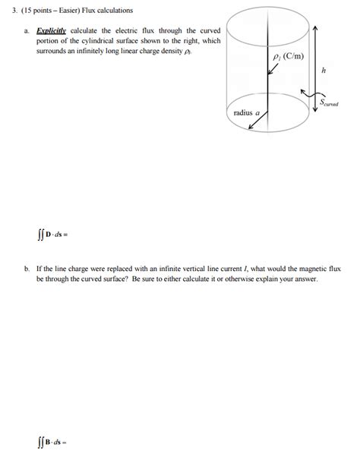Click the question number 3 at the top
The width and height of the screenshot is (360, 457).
tap(13, 11)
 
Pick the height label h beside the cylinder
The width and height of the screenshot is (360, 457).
tap(324, 70)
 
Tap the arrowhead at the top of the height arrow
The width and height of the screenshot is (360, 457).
tap(315, 26)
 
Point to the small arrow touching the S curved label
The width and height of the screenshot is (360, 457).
tap(308, 93)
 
